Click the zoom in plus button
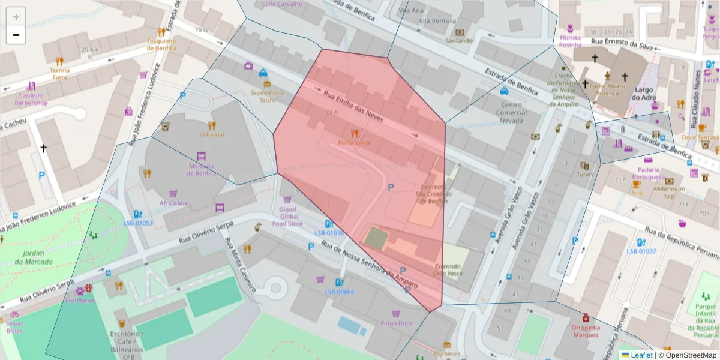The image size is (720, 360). coord(16,17)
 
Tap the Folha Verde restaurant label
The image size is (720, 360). coord(355,143)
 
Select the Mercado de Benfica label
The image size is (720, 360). coord(202,169)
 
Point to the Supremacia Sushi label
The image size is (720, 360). coord(267,97)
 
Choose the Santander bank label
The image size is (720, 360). coord(460,41)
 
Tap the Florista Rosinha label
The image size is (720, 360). coord(570,41)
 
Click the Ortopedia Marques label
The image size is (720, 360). coord(585,331)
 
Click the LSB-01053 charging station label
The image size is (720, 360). coord(138,223)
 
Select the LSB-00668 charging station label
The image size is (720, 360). coord(339,292)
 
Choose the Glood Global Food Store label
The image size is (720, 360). coord(287,217)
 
